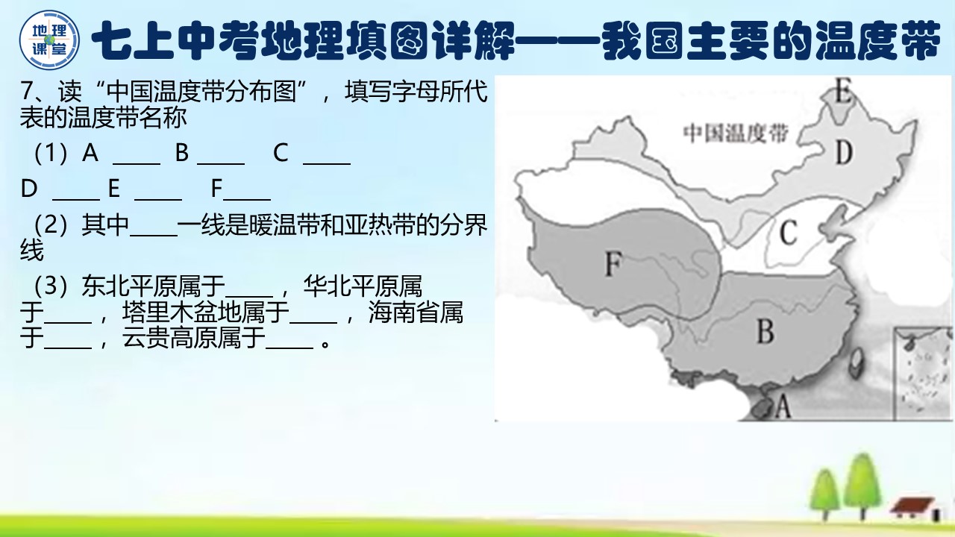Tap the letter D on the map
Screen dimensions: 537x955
click(844, 153)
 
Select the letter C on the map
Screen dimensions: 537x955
click(789, 235)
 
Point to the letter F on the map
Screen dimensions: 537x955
click(613, 263)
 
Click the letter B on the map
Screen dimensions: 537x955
click(765, 331)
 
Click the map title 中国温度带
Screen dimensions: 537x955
click(736, 134)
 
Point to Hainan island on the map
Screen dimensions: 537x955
click(762, 407)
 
